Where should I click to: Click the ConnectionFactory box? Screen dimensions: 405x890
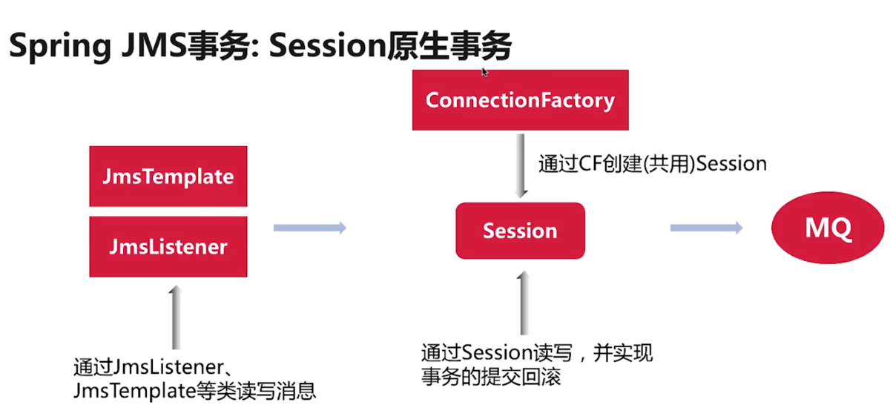(520, 100)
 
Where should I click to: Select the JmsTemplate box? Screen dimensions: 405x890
(168, 177)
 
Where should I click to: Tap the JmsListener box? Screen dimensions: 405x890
(168, 246)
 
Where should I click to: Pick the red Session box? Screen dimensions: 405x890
(520, 231)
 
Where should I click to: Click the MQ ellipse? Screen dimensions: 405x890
(828, 228)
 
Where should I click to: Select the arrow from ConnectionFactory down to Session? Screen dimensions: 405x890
(523, 166)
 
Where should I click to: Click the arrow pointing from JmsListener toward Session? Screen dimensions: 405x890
(310, 228)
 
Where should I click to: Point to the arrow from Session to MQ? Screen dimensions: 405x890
(706, 228)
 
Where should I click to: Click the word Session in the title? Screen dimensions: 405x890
(326, 47)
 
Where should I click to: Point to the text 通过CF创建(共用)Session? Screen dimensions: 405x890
(652, 164)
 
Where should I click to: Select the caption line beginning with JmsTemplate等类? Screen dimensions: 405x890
(195, 390)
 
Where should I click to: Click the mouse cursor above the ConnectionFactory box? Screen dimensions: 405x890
(484, 72)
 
